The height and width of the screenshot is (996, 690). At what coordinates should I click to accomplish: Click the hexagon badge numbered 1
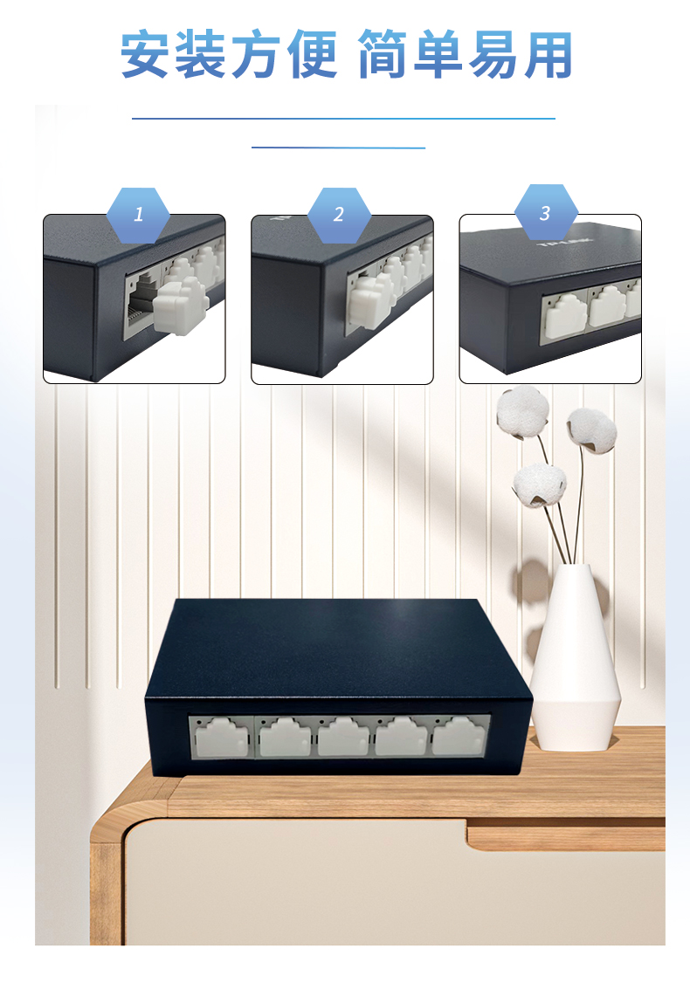point(138,216)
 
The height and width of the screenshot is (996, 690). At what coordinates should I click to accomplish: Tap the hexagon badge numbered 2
point(339,216)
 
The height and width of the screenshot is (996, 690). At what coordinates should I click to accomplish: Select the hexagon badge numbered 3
point(546,213)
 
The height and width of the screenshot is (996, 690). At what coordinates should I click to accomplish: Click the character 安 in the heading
point(146,55)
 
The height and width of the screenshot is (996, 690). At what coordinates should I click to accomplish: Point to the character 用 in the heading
point(548,56)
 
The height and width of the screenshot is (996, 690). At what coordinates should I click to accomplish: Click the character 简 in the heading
point(383,55)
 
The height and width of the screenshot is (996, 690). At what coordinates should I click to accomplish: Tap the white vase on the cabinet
point(575,658)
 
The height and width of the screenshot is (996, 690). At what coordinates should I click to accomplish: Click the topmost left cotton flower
point(522,412)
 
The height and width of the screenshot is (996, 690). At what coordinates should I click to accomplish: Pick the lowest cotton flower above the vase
point(539,485)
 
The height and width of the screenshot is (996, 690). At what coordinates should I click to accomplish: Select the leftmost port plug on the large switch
point(221,738)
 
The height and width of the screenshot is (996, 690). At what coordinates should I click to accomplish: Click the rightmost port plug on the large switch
point(459,736)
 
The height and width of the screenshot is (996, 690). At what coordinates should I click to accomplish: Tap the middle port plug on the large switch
point(343,737)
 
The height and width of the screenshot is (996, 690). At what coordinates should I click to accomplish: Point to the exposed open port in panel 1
point(141,302)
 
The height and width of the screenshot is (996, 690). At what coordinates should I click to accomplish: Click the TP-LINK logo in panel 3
point(565,242)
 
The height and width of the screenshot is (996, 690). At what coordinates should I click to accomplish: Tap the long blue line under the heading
point(344,119)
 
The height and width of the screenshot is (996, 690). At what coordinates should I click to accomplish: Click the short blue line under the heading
point(339,148)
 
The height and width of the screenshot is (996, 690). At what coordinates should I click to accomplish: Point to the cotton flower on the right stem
point(591,430)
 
